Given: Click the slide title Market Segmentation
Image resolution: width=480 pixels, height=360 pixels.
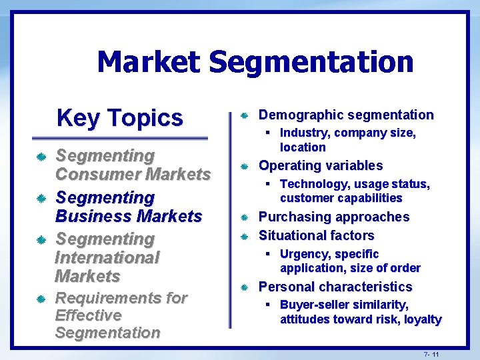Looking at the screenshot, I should (255, 63).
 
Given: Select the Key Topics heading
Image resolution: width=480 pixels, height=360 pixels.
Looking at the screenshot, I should (119, 117).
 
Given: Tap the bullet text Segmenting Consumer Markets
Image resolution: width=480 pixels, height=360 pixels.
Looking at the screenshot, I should (133, 165).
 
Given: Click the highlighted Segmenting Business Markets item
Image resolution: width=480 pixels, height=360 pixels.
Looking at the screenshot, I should (128, 207).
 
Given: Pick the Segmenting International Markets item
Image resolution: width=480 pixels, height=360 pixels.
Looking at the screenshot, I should (107, 257).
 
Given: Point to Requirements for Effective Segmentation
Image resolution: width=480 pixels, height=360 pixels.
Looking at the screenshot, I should (121, 315).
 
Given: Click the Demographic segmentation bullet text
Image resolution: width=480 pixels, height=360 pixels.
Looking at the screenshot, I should (345, 115).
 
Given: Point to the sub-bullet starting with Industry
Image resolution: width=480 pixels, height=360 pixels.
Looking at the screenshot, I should (347, 140).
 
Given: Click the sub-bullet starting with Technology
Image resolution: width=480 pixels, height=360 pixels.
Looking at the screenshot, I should (354, 191).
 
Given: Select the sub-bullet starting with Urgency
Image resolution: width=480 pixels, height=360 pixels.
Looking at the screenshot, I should (349, 261).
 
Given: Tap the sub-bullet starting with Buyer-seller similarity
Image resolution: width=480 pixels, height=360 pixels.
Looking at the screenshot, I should (360, 312).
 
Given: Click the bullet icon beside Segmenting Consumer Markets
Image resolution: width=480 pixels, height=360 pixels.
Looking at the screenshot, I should (41, 157).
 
